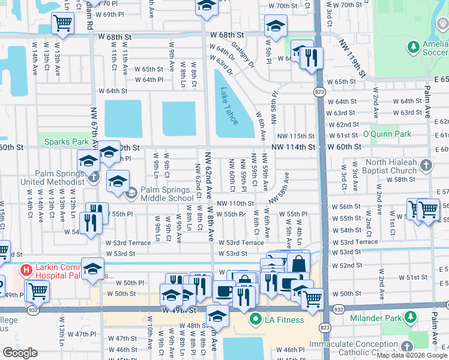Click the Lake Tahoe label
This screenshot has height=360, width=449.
click(229, 106)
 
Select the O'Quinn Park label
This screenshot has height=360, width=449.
click(387, 134)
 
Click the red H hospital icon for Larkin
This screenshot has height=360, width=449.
click(26, 271)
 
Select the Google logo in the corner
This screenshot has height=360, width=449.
click(19, 353)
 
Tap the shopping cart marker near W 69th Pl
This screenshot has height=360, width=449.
click(62, 24)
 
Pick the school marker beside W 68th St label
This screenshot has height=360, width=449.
click(276, 25)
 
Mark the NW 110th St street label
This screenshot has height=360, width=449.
click(235, 204)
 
